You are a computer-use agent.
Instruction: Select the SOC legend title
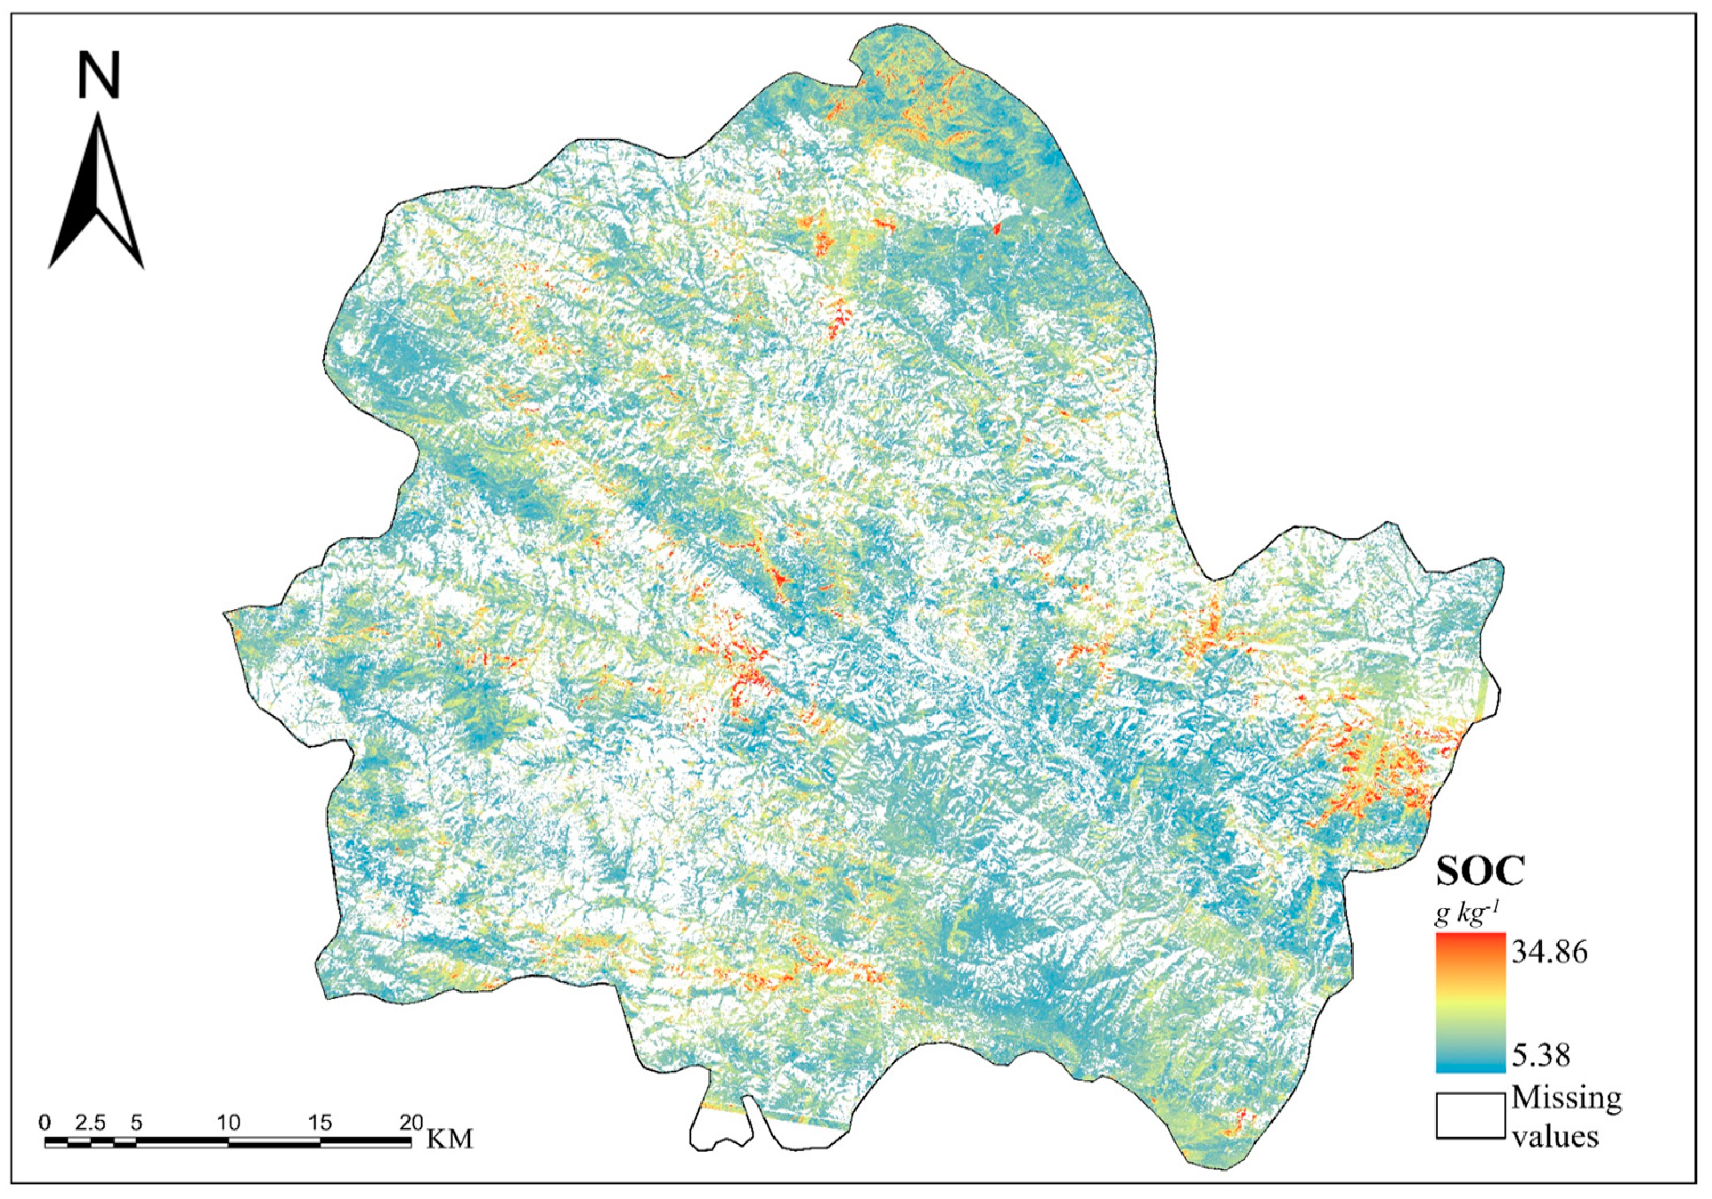1480,870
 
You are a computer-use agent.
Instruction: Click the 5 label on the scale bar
136,1123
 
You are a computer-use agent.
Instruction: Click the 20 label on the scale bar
411,1123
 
